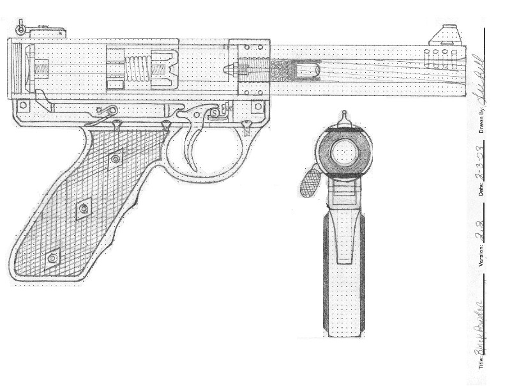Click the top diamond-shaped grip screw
[115, 158]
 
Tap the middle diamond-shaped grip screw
[83, 209]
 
